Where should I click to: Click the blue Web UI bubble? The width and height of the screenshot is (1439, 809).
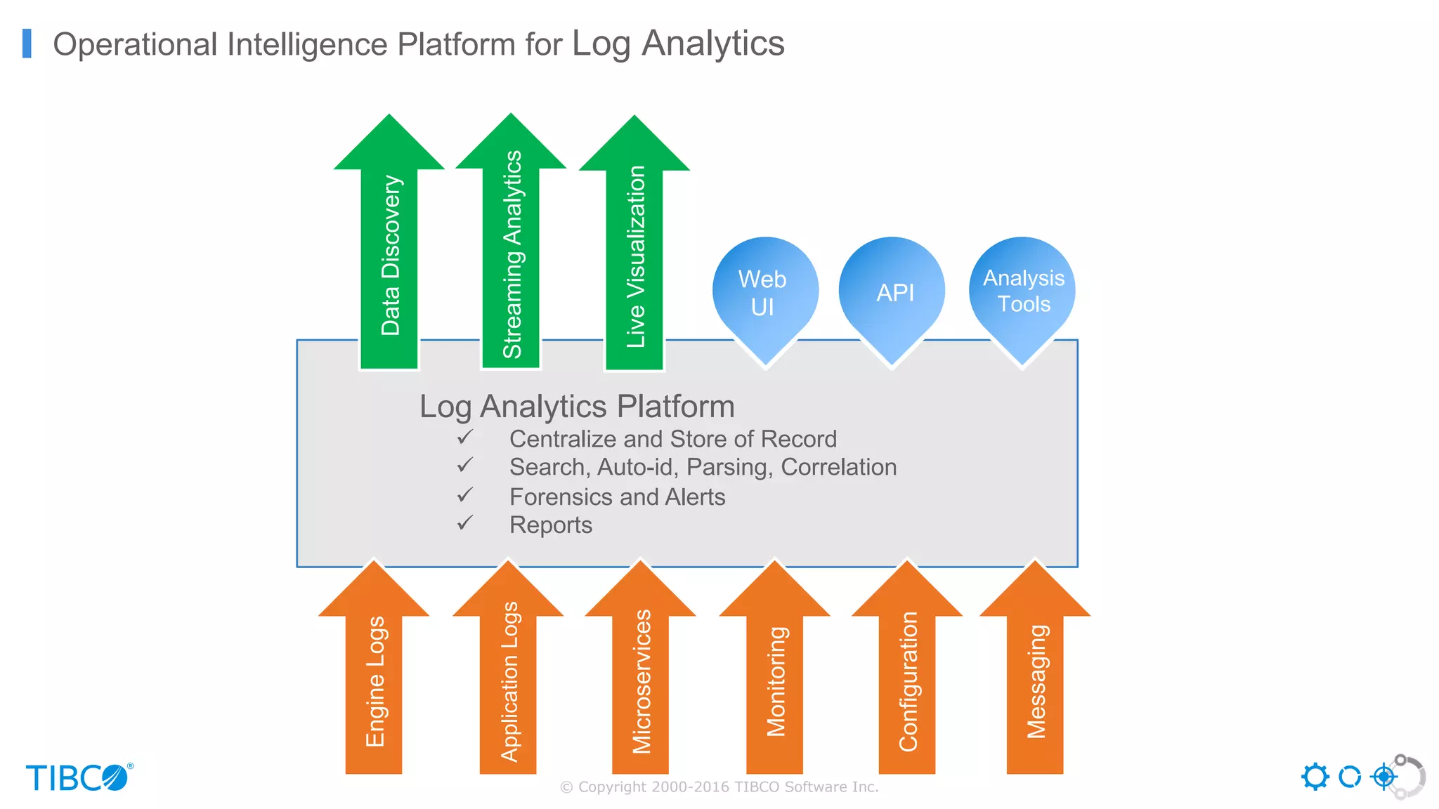pos(764,294)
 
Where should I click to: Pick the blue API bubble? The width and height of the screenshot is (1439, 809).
pos(893,293)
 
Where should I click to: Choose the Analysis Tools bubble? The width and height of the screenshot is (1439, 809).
pos(1023,291)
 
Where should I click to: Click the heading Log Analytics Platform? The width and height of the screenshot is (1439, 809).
pos(577,407)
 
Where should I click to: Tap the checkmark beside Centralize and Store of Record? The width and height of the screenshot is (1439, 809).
pos(465,438)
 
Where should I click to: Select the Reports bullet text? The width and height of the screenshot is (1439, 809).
pos(550,525)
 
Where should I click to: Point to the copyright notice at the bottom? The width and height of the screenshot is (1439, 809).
pos(719,787)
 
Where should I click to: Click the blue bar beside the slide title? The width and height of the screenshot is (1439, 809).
pos(27,44)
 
